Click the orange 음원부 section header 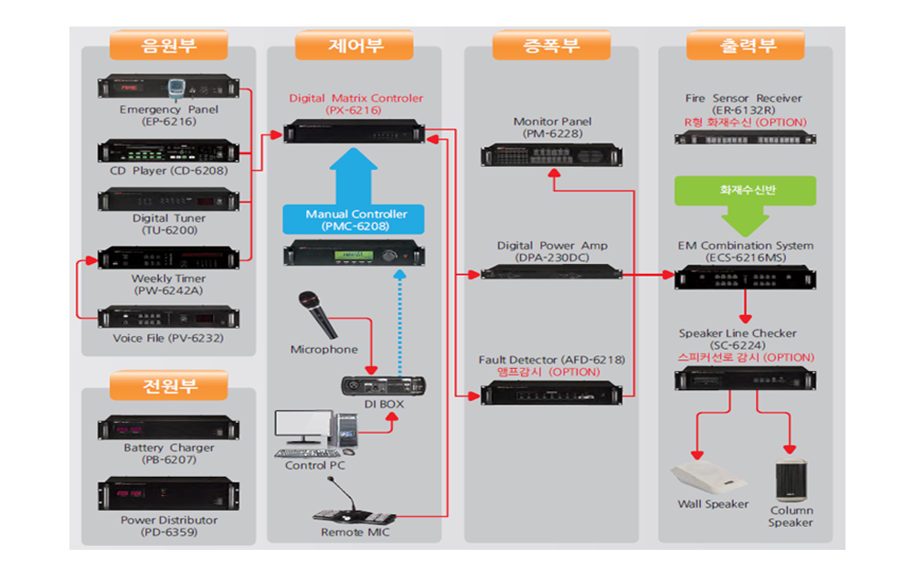[x=168, y=46]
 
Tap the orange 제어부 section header [x=355, y=46]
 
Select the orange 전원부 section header [x=168, y=385]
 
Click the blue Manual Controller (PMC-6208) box [x=353, y=219]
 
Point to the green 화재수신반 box [x=745, y=190]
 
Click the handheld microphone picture [x=318, y=314]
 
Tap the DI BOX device [x=383, y=385]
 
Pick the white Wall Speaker [x=708, y=478]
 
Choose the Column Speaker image [x=791, y=480]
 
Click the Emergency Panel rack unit [x=168, y=88]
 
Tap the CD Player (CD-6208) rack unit [x=168, y=151]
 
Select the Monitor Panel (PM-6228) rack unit [x=551, y=155]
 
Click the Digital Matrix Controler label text [x=356, y=98]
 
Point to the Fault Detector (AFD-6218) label [x=551, y=360]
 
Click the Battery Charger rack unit [x=168, y=428]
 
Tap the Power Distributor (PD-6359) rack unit [x=168, y=494]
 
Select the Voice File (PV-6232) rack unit [x=168, y=317]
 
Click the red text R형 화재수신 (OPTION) [x=745, y=122]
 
